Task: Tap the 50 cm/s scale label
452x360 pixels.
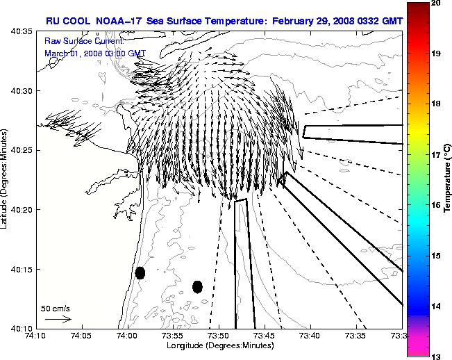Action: [x=54, y=307]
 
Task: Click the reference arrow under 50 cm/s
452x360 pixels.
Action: [x=58, y=319]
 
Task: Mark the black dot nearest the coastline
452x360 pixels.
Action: [x=140, y=272]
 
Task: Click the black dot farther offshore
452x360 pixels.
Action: [x=197, y=286]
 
